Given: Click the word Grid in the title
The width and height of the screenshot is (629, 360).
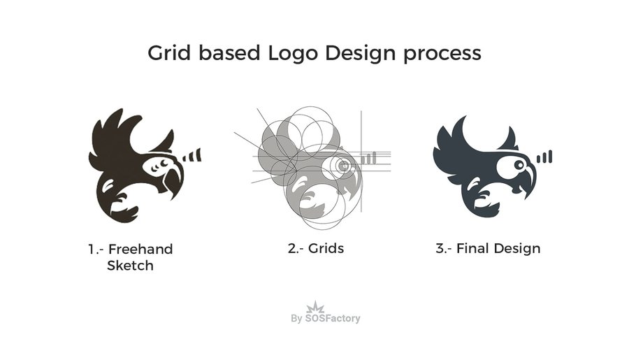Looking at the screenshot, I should (168, 53).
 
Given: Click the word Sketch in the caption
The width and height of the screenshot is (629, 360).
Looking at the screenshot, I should (129, 266).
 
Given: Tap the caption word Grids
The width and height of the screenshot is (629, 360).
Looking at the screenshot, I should (325, 248).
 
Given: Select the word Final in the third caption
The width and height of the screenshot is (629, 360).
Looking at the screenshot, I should (472, 248).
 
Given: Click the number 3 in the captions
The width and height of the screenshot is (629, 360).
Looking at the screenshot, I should (440, 248).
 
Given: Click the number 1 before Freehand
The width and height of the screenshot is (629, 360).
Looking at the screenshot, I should (91, 249).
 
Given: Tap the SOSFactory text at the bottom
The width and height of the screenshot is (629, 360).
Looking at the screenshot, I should (333, 319).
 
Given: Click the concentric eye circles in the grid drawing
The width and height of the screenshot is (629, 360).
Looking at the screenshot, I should (342, 166).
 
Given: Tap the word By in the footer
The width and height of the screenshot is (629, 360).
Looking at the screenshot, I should (296, 319).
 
